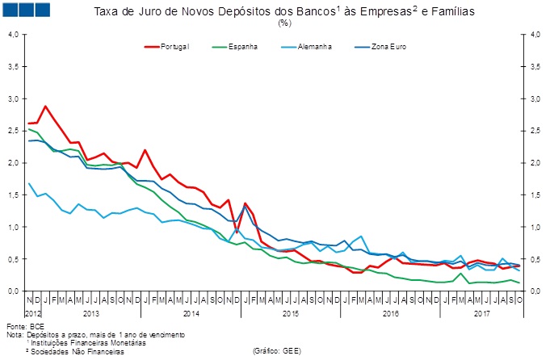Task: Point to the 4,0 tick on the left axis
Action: click(x=14, y=35)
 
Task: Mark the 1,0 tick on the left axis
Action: click(x=14, y=227)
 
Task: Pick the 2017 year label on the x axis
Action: click(x=482, y=312)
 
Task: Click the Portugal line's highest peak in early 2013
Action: click(x=46, y=106)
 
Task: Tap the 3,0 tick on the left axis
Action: click(x=14, y=98)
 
